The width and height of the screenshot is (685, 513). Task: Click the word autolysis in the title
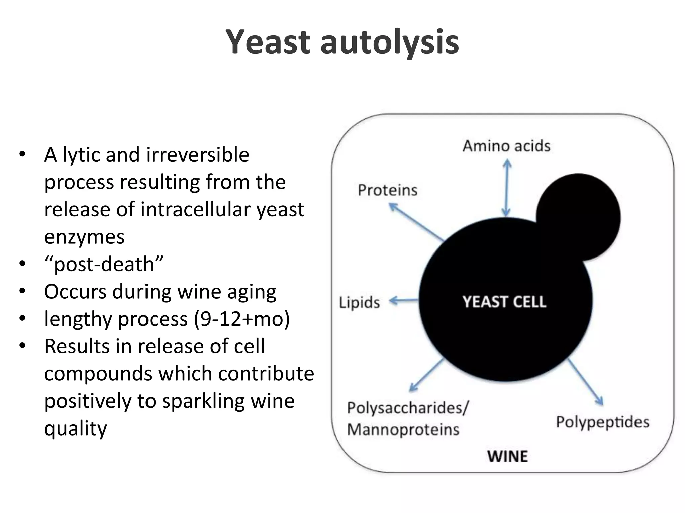[x=389, y=42]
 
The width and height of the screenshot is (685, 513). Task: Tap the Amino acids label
[x=506, y=146]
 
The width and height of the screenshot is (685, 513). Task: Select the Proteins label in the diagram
[x=388, y=190]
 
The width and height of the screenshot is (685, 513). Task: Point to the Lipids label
[x=359, y=303]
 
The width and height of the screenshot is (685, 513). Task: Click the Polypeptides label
[x=602, y=422]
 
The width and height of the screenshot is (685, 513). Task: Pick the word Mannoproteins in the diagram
[x=403, y=430]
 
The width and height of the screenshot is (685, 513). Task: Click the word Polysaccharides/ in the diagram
[x=408, y=408]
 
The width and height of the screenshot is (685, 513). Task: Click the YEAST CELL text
[x=504, y=302]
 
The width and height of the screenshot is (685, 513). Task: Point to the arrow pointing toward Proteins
[x=416, y=222]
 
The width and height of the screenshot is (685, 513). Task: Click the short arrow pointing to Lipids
[x=404, y=301]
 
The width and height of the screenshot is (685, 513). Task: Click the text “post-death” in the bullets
[x=104, y=264]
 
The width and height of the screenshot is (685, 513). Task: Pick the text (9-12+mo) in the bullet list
[x=242, y=319]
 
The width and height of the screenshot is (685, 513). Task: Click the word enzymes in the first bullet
[x=84, y=237]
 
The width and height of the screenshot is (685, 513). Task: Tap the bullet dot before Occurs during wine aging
[x=22, y=291]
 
